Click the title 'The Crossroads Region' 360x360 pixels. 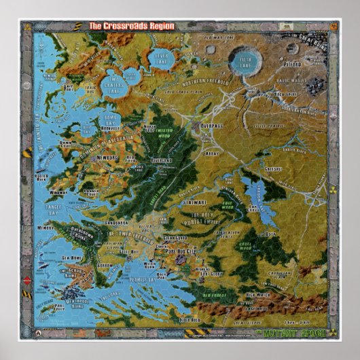coord(132,26)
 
